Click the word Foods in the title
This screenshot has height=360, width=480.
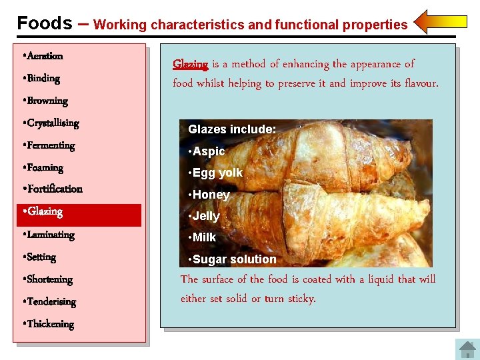[44, 23]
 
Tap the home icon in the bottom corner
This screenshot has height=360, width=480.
[465, 349]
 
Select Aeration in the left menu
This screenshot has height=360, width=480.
[45, 56]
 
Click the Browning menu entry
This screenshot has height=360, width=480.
[47, 101]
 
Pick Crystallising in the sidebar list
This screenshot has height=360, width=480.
[53, 123]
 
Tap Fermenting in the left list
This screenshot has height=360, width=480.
[50, 145]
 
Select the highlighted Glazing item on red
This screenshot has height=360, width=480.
[44, 212]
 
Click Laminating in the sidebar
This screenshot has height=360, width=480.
[50, 235]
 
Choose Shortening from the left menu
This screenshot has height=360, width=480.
[49, 279]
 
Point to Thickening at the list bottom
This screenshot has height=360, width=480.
[50, 324]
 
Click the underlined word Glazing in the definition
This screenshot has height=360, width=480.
[190, 65]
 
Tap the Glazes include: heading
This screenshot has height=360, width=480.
[232, 129]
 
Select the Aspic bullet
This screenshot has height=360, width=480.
[208, 151]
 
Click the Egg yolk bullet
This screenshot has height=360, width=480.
[217, 173]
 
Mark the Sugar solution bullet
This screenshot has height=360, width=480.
[233, 259]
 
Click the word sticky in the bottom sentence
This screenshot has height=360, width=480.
[299, 299]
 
